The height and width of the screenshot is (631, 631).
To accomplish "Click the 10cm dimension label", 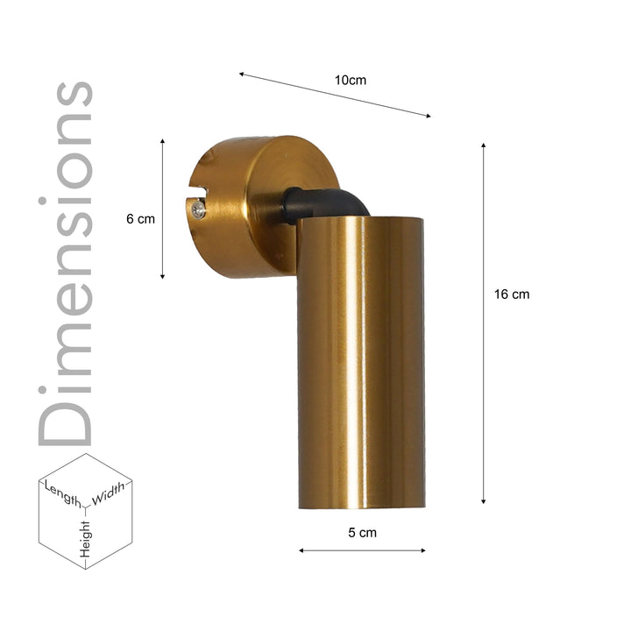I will [351, 80].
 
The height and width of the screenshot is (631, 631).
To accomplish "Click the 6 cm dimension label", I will [140, 219].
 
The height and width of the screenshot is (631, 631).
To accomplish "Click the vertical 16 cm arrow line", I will [483, 324].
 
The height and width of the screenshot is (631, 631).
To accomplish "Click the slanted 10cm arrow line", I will [335, 96].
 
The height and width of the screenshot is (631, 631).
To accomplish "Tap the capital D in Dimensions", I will [65, 414].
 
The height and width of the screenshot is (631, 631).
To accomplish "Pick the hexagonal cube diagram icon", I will [85, 511].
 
